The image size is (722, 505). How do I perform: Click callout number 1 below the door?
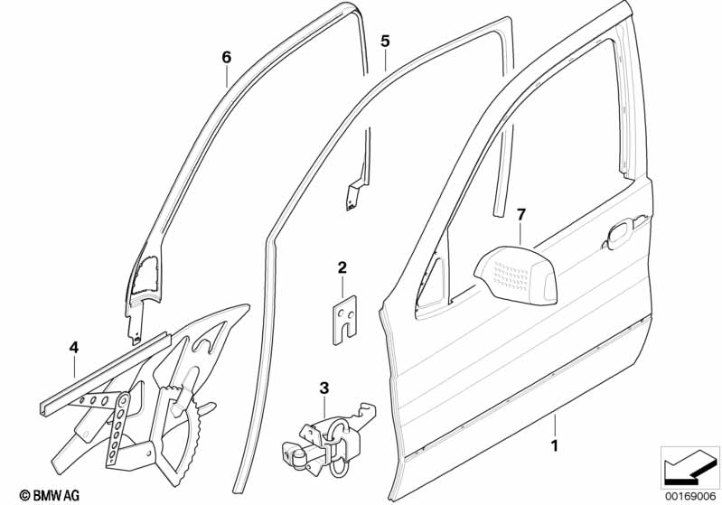pos(555,445)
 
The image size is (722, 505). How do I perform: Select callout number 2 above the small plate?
pos(342,267)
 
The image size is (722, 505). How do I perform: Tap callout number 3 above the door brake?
pos(324,388)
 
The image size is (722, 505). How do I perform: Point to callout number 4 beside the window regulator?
pos(74,348)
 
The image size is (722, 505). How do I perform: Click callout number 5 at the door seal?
pos(385,41)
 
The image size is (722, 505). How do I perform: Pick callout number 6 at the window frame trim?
pos(226,57)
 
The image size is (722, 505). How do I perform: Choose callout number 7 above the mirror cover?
pos(520,214)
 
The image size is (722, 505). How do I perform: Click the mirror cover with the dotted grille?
pos(516,276)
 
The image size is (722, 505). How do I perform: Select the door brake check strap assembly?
pos(327,437)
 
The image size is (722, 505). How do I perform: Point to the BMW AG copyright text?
pos(50,495)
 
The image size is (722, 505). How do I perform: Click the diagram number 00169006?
pos(690,496)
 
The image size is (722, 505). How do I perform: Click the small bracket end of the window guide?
pos(353,196)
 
